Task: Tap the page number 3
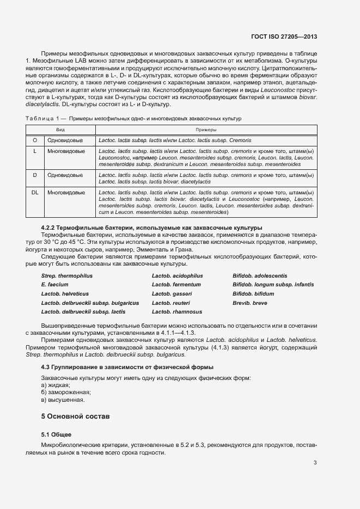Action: (315, 463)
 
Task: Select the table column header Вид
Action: (60, 130)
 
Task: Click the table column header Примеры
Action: (206, 130)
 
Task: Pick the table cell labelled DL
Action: (35, 193)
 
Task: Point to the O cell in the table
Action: (35, 140)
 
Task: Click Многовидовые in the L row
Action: (65, 151)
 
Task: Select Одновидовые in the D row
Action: (65, 175)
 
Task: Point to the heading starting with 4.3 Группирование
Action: (127, 367)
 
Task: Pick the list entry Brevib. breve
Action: (250, 303)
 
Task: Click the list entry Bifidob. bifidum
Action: (253, 294)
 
